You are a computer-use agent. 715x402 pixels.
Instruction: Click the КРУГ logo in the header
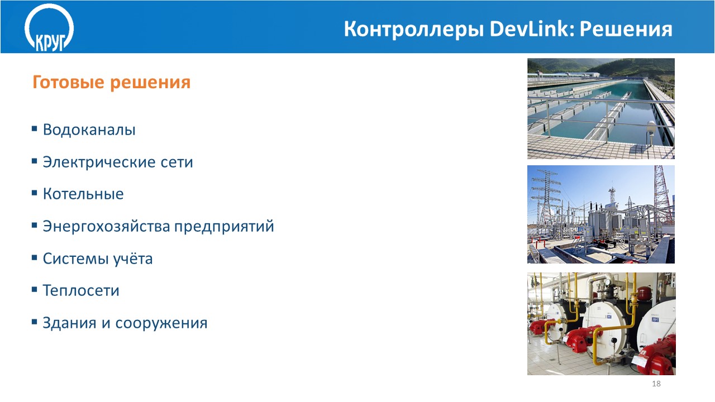pyautogui.click(x=49, y=28)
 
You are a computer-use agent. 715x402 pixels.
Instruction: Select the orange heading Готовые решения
pyautogui.click(x=111, y=82)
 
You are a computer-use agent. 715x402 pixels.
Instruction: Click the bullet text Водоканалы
pyautogui.click(x=89, y=130)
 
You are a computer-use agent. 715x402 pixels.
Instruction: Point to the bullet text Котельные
pyautogui.click(x=83, y=194)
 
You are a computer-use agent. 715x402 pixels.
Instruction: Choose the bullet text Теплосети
pyautogui.click(x=81, y=291)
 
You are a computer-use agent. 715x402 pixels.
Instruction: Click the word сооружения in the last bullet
pyautogui.click(x=161, y=323)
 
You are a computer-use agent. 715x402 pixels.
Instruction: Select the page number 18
pyautogui.click(x=656, y=384)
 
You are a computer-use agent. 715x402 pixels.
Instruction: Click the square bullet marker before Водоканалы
pyautogui.click(x=35, y=128)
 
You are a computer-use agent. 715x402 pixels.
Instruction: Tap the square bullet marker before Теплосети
pyautogui.click(x=35, y=289)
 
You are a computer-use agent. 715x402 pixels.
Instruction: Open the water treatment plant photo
pyautogui.click(x=600, y=108)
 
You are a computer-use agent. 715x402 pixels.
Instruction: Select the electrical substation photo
pyautogui.click(x=600, y=214)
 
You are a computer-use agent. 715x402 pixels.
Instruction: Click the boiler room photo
pyautogui.click(x=602, y=323)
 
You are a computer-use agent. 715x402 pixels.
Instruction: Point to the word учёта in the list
pyautogui.click(x=133, y=258)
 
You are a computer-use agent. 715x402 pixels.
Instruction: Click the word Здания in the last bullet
pyautogui.click(x=69, y=323)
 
